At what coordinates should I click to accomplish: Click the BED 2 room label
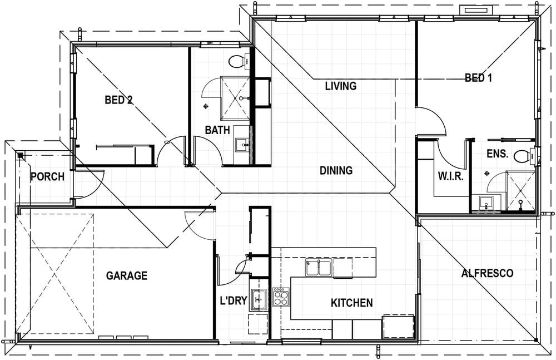118,100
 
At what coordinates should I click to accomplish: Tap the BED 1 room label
478,78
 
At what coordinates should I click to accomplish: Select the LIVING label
341,86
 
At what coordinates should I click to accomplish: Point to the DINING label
336,170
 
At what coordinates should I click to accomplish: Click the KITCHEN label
352,303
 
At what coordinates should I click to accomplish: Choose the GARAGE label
127,275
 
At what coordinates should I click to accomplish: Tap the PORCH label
47,176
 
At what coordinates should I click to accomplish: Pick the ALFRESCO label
487,273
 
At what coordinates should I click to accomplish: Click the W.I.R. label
451,176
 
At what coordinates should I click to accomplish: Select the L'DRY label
234,301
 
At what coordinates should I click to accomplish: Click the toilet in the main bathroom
240,62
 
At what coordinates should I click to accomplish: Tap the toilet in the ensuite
524,156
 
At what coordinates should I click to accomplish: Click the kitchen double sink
319,267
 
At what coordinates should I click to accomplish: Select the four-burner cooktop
281,297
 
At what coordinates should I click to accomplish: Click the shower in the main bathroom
235,97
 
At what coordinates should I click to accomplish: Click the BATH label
217,130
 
